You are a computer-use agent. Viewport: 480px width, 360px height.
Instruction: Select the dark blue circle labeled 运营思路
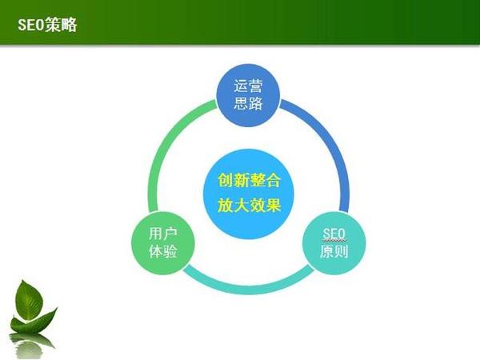pyautogui.click(x=248, y=95)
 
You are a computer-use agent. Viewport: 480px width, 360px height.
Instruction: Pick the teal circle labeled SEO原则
pyautogui.click(x=333, y=242)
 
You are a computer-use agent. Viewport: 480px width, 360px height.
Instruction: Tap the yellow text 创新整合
pyautogui.click(x=248, y=180)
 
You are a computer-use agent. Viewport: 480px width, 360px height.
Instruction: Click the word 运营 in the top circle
pyautogui.click(x=248, y=86)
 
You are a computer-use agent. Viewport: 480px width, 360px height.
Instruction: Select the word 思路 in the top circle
pyautogui.click(x=248, y=105)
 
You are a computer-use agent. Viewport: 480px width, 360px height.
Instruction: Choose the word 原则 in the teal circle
pyautogui.click(x=333, y=252)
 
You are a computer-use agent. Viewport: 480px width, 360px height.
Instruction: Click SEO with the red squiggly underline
pyautogui.click(x=333, y=233)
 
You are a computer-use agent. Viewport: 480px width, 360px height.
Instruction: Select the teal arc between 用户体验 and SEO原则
pyautogui.click(x=248, y=286)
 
